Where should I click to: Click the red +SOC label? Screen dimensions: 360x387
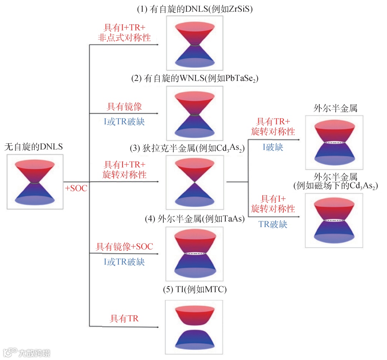point(76,188)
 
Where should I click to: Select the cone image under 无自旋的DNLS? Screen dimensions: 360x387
point(35,182)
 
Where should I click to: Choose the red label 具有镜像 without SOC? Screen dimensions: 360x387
point(124,106)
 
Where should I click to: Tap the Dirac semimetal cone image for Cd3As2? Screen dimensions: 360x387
point(194,183)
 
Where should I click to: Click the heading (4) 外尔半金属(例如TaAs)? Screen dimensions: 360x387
point(195,219)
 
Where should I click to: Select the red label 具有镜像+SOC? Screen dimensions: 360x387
point(124,246)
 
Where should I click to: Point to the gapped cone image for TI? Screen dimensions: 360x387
point(194,328)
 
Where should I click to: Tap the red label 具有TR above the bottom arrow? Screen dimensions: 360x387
point(124,318)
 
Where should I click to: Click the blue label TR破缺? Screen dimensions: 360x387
point(273,224)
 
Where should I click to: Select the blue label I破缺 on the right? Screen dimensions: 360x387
point(273,147)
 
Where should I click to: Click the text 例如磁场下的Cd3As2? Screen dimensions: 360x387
point(335,186)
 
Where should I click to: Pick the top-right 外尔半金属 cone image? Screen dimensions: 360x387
point(334,143)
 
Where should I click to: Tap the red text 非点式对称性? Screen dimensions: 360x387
point(124,37)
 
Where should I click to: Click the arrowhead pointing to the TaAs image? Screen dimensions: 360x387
point(157,254)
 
